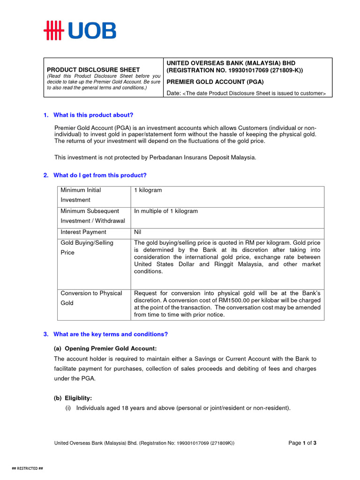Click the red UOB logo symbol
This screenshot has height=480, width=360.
point(53,30)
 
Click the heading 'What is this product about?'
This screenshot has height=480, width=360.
point(93,115)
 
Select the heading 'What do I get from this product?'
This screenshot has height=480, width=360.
point(100,175)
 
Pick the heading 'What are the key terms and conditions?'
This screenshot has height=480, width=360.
point(110,334)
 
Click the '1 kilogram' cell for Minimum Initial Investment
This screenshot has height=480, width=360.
point(148,190)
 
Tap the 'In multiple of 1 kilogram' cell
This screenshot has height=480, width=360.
point(166,211)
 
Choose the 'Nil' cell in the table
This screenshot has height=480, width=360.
point(138,232)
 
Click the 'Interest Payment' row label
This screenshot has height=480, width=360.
point(83,232)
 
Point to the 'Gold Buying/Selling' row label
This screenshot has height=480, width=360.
point(87,243)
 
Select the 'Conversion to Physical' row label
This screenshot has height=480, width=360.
point(91,293)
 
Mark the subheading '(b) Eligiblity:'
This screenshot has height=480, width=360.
point(73,397)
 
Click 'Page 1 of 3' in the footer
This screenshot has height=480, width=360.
point(302,443)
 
